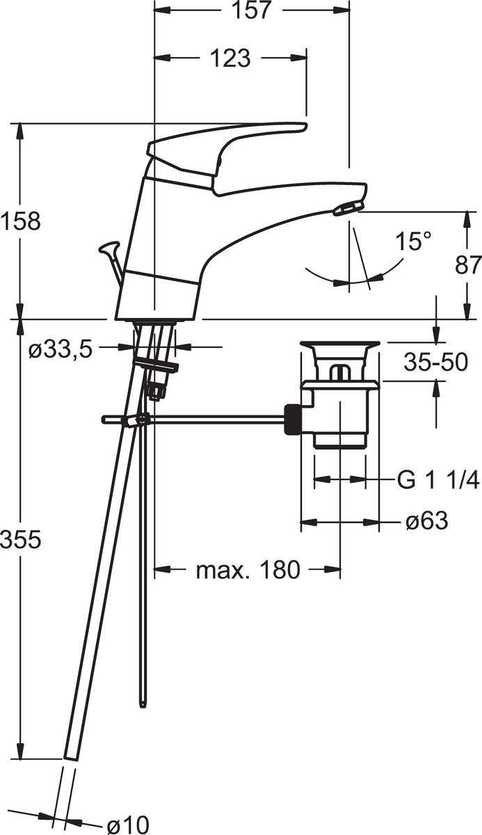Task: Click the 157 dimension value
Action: pyautogui.click(x=250, y=10)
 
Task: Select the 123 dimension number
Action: pyautogui.click(x=231, y=58)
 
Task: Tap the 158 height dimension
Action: pyautogui.click(x=20, y=221)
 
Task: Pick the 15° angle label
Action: pyautogui.click(x=413, y=241)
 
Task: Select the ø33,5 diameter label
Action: pyautogui.click(x=61, y=350)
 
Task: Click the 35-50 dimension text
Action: pyautogui.click(x=435, y=362)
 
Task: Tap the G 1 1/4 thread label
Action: pyautogui.click(x=437, y=481)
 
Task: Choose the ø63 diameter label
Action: pyautogui.click(x=426, y=520)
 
